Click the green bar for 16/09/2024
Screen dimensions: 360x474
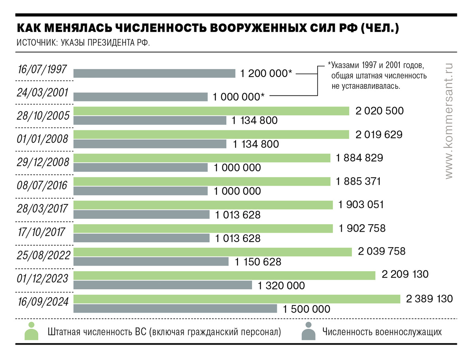tap(237, 299)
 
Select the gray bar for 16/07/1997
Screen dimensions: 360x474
tap(154, 73)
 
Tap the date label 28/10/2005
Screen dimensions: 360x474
tap(44, 116)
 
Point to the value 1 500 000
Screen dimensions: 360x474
tap(306, 309)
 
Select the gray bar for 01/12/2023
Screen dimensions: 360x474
tap(163, 285)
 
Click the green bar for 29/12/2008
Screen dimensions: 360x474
tap(202, 158)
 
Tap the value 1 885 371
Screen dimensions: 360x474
tap(358, 181)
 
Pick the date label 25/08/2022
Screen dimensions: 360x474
tap(44, 255)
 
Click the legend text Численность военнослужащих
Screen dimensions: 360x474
tap(382, 332)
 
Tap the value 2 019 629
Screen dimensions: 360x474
tap(379, 135)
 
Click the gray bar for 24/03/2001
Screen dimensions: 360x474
tap(141, 96)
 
